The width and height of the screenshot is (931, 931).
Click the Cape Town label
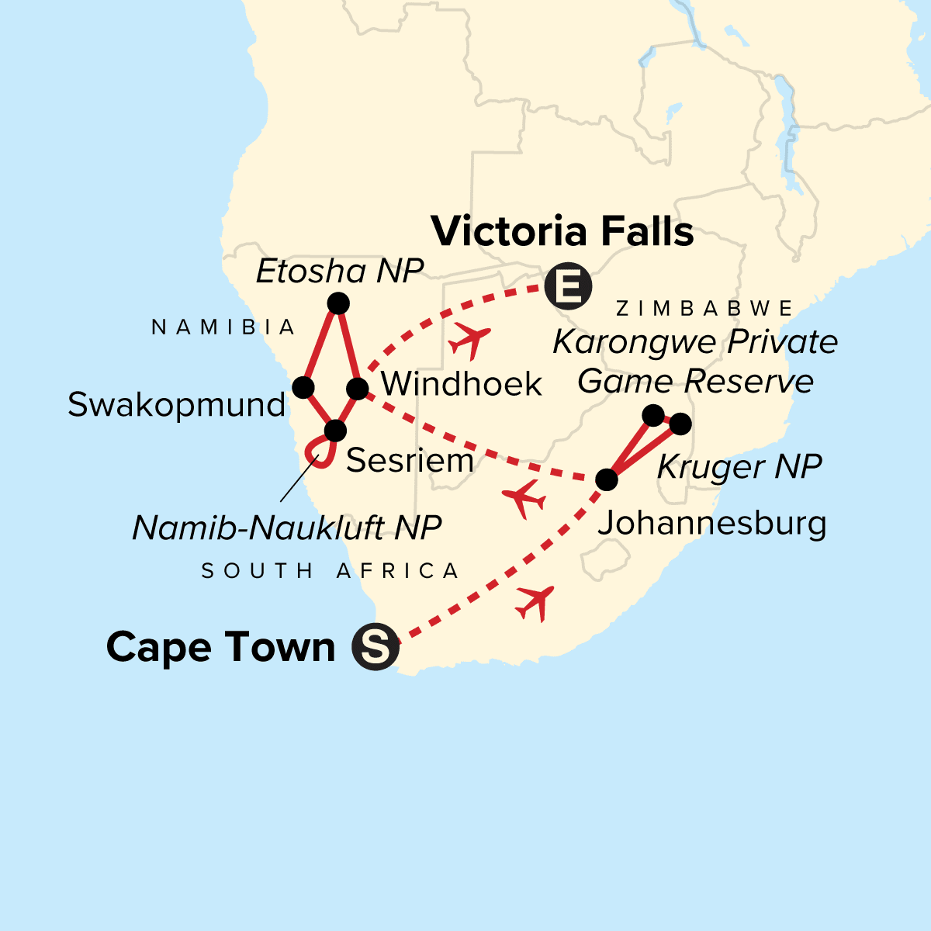point(220,647)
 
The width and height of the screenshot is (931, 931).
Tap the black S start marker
point(376,646)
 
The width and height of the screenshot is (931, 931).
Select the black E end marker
point(568,287)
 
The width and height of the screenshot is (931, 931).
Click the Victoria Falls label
point(562,231)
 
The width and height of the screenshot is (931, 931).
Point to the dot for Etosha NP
point(338,303)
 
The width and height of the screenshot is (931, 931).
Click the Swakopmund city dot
point(303,386)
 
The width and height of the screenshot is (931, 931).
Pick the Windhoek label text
point(462,384)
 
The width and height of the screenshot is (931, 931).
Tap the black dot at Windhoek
point(356,389)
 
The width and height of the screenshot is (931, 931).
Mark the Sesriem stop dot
point(335,430)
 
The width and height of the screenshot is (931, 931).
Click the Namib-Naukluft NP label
point(286,528)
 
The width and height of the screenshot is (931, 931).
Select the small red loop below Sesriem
point(318,452)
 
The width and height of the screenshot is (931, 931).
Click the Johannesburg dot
point(606,479)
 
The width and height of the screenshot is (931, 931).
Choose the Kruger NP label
point(739,467)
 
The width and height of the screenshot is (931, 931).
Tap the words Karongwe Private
point(695,342)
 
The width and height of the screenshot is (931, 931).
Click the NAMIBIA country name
point(224,327)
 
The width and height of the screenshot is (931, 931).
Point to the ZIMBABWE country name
point(704,309)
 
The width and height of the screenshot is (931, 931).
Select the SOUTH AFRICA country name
point(331,571)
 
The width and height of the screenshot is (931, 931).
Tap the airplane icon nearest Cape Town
point(535,602)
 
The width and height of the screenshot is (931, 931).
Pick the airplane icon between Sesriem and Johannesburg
point(524,499)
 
